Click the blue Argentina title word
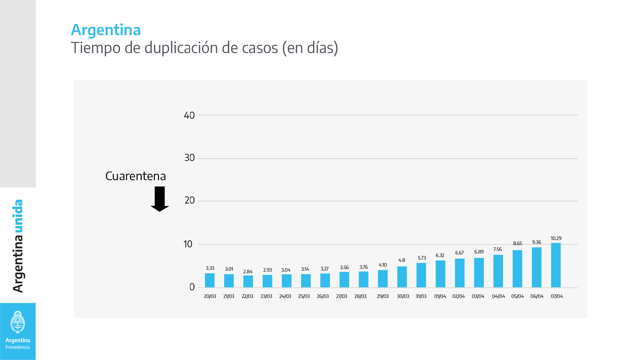(x=106, y=30)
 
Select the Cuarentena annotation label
(x=136, y=176)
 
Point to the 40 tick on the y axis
(x=189, y=115)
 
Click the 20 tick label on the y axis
(x=189, y=200)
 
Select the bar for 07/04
(x=556, y=265)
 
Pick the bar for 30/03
(x=402, y=277)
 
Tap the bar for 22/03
(x=248, y=281)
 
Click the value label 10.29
(x=556, y=238)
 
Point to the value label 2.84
(x=248, y=272)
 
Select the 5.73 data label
(x=422, y=258)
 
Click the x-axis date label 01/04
(x=440, y=296)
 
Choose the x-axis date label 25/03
(x=304, y=296)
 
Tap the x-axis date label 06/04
(x=537, y=296)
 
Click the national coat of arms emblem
(x=18, y=322)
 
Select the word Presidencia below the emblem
(x=18, y=347)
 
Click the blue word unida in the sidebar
(x=18, y=216)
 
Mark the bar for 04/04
(x=498, y=271)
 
